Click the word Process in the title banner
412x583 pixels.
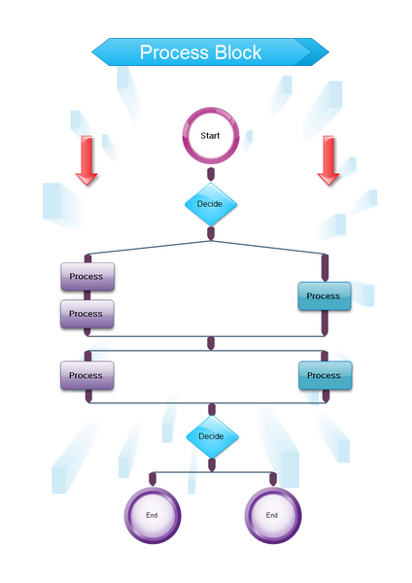point(175,52)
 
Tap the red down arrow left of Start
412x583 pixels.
point(86,160)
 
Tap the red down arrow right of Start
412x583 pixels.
point(328,160)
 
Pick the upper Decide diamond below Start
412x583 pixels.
point(211,204)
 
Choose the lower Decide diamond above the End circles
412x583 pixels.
point(212,436)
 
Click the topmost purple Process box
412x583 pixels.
point(87,277)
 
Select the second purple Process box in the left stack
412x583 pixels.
point(87,314)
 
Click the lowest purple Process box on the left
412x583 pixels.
point(87,375)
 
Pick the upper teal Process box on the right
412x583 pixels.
point(325,296)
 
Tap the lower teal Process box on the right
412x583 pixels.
point(325,375)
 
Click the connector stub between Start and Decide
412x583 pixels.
point(211,174)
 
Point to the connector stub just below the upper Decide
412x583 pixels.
point(211,233)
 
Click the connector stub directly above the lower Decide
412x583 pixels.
point(212,409)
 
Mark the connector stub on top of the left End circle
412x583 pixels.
point(153,479)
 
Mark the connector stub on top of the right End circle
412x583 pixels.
point(273,479)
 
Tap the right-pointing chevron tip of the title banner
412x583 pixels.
point(328,52)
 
